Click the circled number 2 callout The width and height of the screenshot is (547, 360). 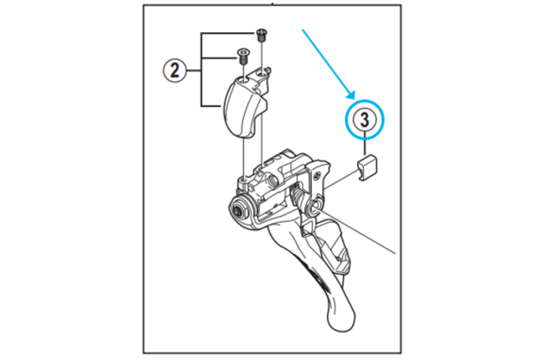click(x=174, y=70)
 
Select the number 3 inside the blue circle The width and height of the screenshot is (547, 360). click(x=365, y=120)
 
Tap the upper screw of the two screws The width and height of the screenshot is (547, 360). click(x=260, y=35)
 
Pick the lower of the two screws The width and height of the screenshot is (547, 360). click(x=242, y=56)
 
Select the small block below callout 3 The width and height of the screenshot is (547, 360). click(x=367, y=167)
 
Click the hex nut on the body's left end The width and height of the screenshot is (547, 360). click(x=239, y=211)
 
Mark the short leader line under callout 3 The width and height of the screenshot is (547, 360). click(x=365, y=145)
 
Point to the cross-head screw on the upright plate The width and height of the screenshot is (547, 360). click(x=318, y=176)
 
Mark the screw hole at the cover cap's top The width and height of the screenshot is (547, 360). click(x=244, y=79)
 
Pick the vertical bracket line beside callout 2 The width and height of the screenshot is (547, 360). click(x=202, y=70)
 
